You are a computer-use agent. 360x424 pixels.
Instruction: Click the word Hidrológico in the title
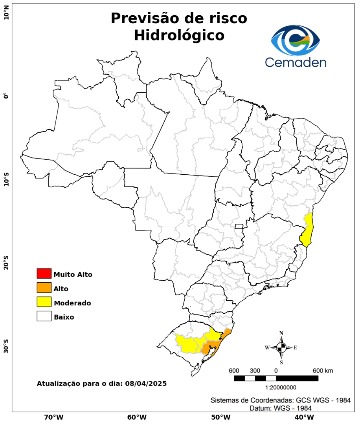179,35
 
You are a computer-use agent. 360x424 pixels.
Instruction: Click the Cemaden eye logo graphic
296,41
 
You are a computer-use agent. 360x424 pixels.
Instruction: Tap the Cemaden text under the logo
296,62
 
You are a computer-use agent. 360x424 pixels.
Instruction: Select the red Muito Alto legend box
44,274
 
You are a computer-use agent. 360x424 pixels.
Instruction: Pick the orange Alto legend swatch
44,288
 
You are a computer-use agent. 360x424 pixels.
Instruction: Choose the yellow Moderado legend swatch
44,302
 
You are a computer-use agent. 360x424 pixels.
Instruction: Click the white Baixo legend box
44,316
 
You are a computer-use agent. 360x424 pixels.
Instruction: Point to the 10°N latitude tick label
6,15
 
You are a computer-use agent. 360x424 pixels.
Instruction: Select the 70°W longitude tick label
54,417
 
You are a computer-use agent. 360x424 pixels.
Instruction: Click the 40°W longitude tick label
303,417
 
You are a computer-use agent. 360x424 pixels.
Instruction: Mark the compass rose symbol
281,347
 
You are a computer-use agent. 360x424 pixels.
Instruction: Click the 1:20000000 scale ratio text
281,387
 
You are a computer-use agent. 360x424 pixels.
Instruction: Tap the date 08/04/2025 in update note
146,383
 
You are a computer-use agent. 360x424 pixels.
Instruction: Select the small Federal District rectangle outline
239,226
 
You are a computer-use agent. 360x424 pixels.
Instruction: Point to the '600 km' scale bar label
323,371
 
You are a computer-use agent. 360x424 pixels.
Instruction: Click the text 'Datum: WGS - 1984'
281,408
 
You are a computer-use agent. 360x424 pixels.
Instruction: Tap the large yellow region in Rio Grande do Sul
190,342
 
